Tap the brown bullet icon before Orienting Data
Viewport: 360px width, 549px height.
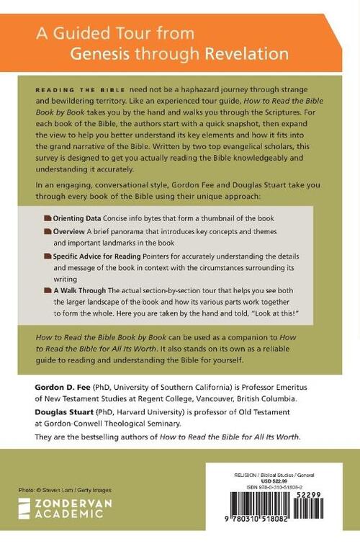coord(47,218)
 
